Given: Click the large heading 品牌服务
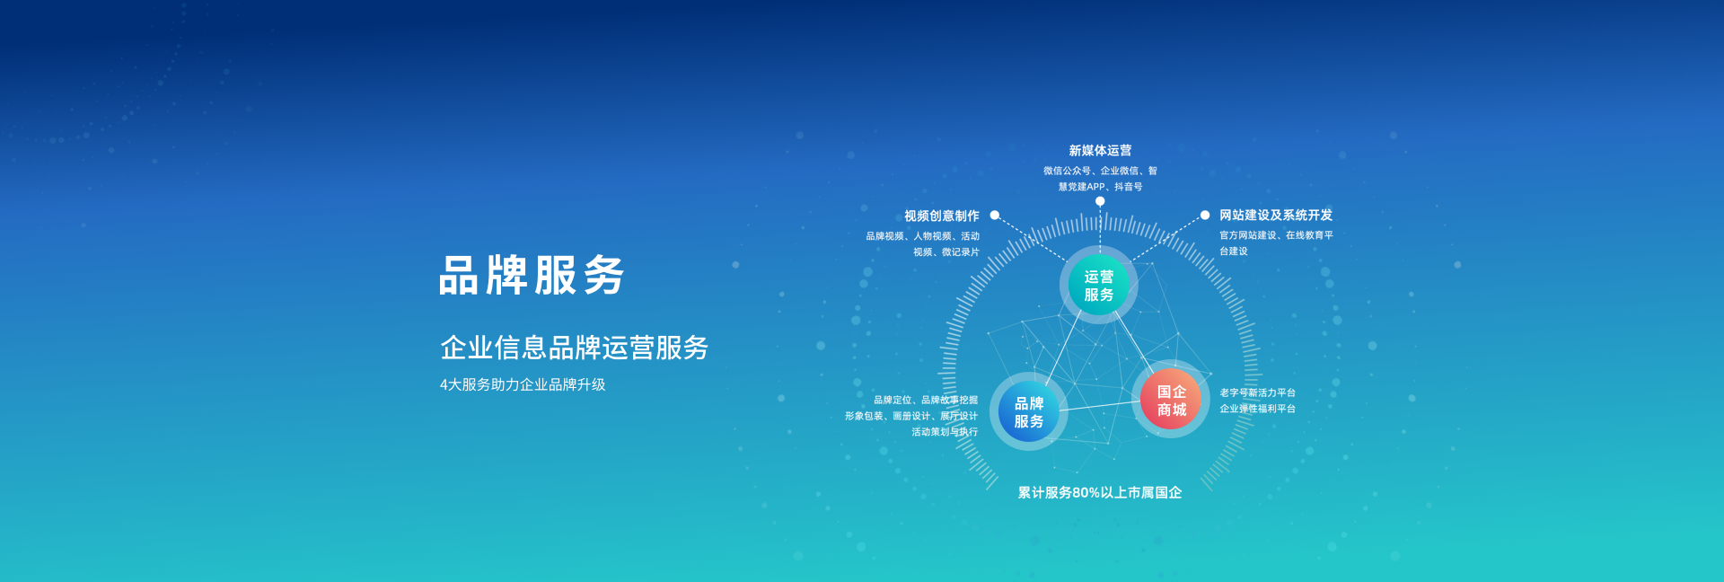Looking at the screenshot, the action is tap(532, 275).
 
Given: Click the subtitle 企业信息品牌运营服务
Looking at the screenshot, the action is tap(574, 348).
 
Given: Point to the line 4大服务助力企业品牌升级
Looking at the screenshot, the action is tap(523, 384).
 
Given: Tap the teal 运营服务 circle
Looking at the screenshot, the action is tap(1099, 286).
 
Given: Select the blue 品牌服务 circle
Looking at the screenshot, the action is tap(1029, 412).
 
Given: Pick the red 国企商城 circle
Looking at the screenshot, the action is tap(1171, 400).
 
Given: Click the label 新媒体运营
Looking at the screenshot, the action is tap(1100, 150).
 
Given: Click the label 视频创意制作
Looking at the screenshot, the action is tap(942, 216).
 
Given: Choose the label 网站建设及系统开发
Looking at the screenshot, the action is tap(1276, 215).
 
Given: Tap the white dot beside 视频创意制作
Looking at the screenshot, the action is tap(995, 216).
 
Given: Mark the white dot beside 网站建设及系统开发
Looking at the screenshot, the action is tap(1205, 215).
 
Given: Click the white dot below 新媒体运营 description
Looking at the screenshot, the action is tap(1100, 201).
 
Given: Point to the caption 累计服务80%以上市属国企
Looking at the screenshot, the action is tap(1100, 492).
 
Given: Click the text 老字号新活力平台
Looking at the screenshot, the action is tap(1257, 392).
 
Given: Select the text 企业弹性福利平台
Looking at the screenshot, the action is tap(1257, 409).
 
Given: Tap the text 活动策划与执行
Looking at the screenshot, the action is tap(945, 432).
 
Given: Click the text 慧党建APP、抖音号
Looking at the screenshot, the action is tap(1100, 187).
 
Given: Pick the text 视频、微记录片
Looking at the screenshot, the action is tap(946, 252).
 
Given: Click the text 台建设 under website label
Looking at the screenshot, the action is tap(1234, 251).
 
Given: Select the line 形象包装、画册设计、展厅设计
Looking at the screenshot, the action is tap(911, 416).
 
